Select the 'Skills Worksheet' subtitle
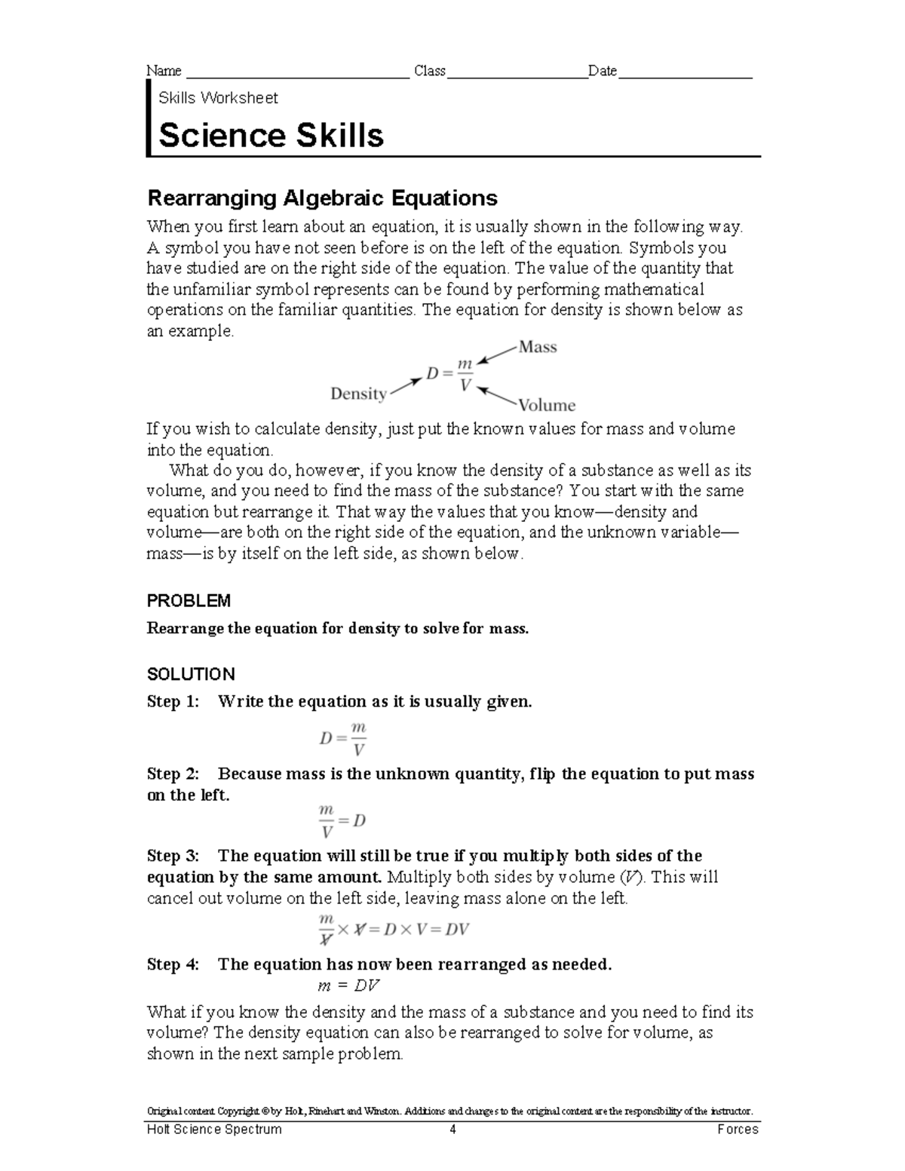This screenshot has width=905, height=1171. click(218, 98)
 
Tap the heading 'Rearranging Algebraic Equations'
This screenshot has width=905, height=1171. click(322, 198)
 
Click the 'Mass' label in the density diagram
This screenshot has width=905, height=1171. click(538, 348)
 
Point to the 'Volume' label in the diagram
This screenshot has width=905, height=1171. click(547, 406)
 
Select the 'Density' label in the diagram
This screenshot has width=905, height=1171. click(358, 394)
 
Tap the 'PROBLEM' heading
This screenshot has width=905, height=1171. click(189, 601)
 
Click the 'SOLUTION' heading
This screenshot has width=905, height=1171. click(191, 674)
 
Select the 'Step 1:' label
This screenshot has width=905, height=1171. click(173, 702)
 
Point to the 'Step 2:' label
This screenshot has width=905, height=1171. click(173, 774)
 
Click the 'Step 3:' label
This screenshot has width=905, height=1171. click(173, 856)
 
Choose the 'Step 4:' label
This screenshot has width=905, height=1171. click(173, 964)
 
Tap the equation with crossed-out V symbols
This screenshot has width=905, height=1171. click(393, 929)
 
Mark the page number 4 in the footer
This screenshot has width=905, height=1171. click(452, 1130)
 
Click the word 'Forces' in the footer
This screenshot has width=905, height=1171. click(738, 1130)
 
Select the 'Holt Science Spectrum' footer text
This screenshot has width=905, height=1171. click(214, 1130)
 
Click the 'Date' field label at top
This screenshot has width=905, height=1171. click(603, 71)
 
